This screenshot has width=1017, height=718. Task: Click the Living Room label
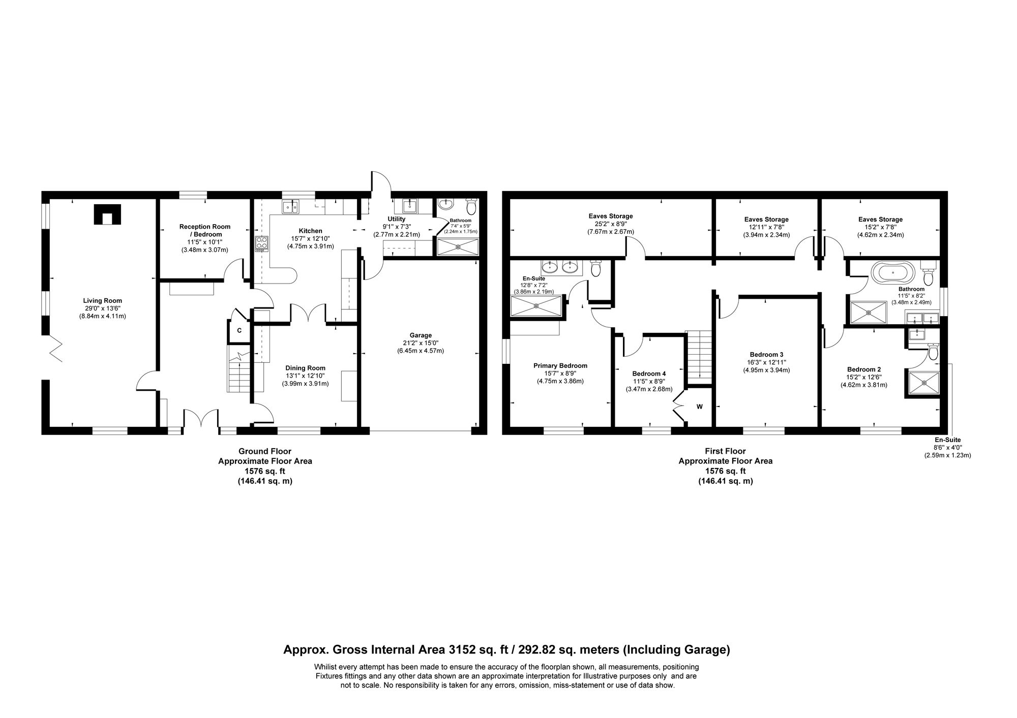[x=102, y=300]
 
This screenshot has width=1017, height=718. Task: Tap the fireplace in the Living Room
[x=107, y=214]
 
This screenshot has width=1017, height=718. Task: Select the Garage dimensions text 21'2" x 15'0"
[x=421, y=343]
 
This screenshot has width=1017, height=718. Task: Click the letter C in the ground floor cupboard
[x=239, y=331]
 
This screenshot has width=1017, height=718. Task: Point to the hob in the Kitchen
[x=261, y=243]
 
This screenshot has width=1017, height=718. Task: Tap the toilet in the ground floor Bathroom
[x=471, y=207]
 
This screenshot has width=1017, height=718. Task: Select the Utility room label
[x=396, y=219]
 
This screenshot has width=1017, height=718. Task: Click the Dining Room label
[x=305, y=368]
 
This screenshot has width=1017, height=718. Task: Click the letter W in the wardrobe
[x=700, y=407]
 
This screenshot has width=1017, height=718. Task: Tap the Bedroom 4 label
[x=649, y=373]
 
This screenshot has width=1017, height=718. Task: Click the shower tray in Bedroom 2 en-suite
[x=921, y=384]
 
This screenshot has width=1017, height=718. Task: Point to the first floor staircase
[x=699, y=355]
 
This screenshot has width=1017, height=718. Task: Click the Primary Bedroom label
[x=560, y=365]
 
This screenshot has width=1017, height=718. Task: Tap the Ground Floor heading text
[x=264, y=451]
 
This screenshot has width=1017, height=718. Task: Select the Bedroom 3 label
[x=766, y=354]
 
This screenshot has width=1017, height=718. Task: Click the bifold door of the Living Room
[x=56, y=351]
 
